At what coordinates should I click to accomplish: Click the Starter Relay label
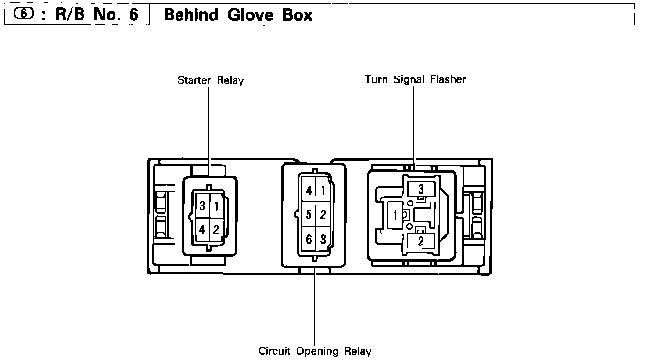210,80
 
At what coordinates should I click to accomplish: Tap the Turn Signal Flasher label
415,79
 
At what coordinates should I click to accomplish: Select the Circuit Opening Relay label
315,351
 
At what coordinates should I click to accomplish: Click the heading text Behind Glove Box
238,15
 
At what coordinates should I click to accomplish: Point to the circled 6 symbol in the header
23,14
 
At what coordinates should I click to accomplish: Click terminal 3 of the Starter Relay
202,205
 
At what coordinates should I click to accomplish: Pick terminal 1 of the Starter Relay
216,205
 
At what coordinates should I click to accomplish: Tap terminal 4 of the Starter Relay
202,229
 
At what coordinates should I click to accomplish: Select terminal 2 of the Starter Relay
216,229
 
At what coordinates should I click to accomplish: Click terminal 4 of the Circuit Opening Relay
309,191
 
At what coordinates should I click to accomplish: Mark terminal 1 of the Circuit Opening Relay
323,191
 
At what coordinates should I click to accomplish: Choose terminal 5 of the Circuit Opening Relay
309,215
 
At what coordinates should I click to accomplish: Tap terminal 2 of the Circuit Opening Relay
323,215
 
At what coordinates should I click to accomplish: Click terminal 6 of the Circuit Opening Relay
309,239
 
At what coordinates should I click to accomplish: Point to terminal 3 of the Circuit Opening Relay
323,239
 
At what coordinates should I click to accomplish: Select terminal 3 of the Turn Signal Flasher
421,189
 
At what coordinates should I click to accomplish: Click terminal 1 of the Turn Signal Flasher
395,215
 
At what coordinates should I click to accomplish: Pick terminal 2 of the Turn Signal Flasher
421,241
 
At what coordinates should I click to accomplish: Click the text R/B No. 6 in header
97,15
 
